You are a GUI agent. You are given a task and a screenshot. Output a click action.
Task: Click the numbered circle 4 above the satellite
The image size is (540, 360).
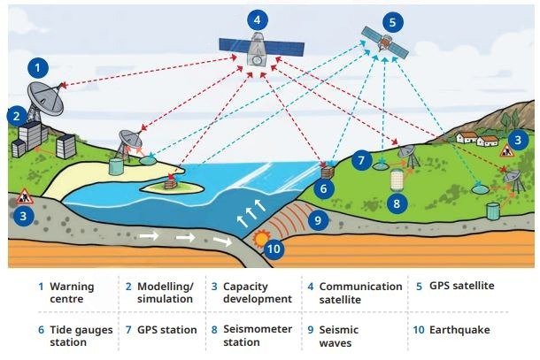pos(257,20)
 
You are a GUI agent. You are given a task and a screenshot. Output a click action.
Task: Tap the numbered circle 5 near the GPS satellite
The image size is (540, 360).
pos(392,23)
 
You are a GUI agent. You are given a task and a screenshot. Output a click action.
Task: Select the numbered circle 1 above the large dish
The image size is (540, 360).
pos(38,67)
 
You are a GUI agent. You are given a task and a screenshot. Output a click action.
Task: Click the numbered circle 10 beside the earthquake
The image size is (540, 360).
pos(274,249)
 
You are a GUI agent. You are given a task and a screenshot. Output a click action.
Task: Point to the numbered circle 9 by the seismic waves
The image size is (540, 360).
pos(318,220)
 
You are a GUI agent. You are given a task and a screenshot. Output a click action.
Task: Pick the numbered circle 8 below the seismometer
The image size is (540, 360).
pos(397,203)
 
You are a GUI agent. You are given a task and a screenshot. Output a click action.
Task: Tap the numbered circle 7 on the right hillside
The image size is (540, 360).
pos(361,160)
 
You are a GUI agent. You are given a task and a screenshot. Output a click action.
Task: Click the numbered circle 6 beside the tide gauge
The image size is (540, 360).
pos(323,188)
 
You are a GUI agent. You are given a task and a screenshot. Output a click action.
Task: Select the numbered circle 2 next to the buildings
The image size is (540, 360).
pos(17,116)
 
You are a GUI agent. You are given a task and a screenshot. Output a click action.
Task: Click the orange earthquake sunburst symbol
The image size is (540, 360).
pos(260,238)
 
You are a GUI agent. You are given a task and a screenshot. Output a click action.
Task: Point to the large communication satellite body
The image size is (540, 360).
pos(258,49)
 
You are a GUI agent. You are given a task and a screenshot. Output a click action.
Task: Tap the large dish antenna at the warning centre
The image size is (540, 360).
pos(45,98)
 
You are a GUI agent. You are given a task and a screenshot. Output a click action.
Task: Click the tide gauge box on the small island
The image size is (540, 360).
pos(170,184)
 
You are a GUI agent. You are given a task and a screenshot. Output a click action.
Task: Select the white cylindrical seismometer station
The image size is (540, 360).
pos(397,180)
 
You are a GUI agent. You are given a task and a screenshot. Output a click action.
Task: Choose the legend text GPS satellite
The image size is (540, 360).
pos(461,286)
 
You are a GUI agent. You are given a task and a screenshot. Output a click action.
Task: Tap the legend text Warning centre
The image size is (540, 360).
pos(72,293)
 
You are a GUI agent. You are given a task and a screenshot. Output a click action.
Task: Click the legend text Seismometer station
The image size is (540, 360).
pos(258,335)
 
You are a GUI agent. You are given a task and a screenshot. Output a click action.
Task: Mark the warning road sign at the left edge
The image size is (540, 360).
pos(24,196)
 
